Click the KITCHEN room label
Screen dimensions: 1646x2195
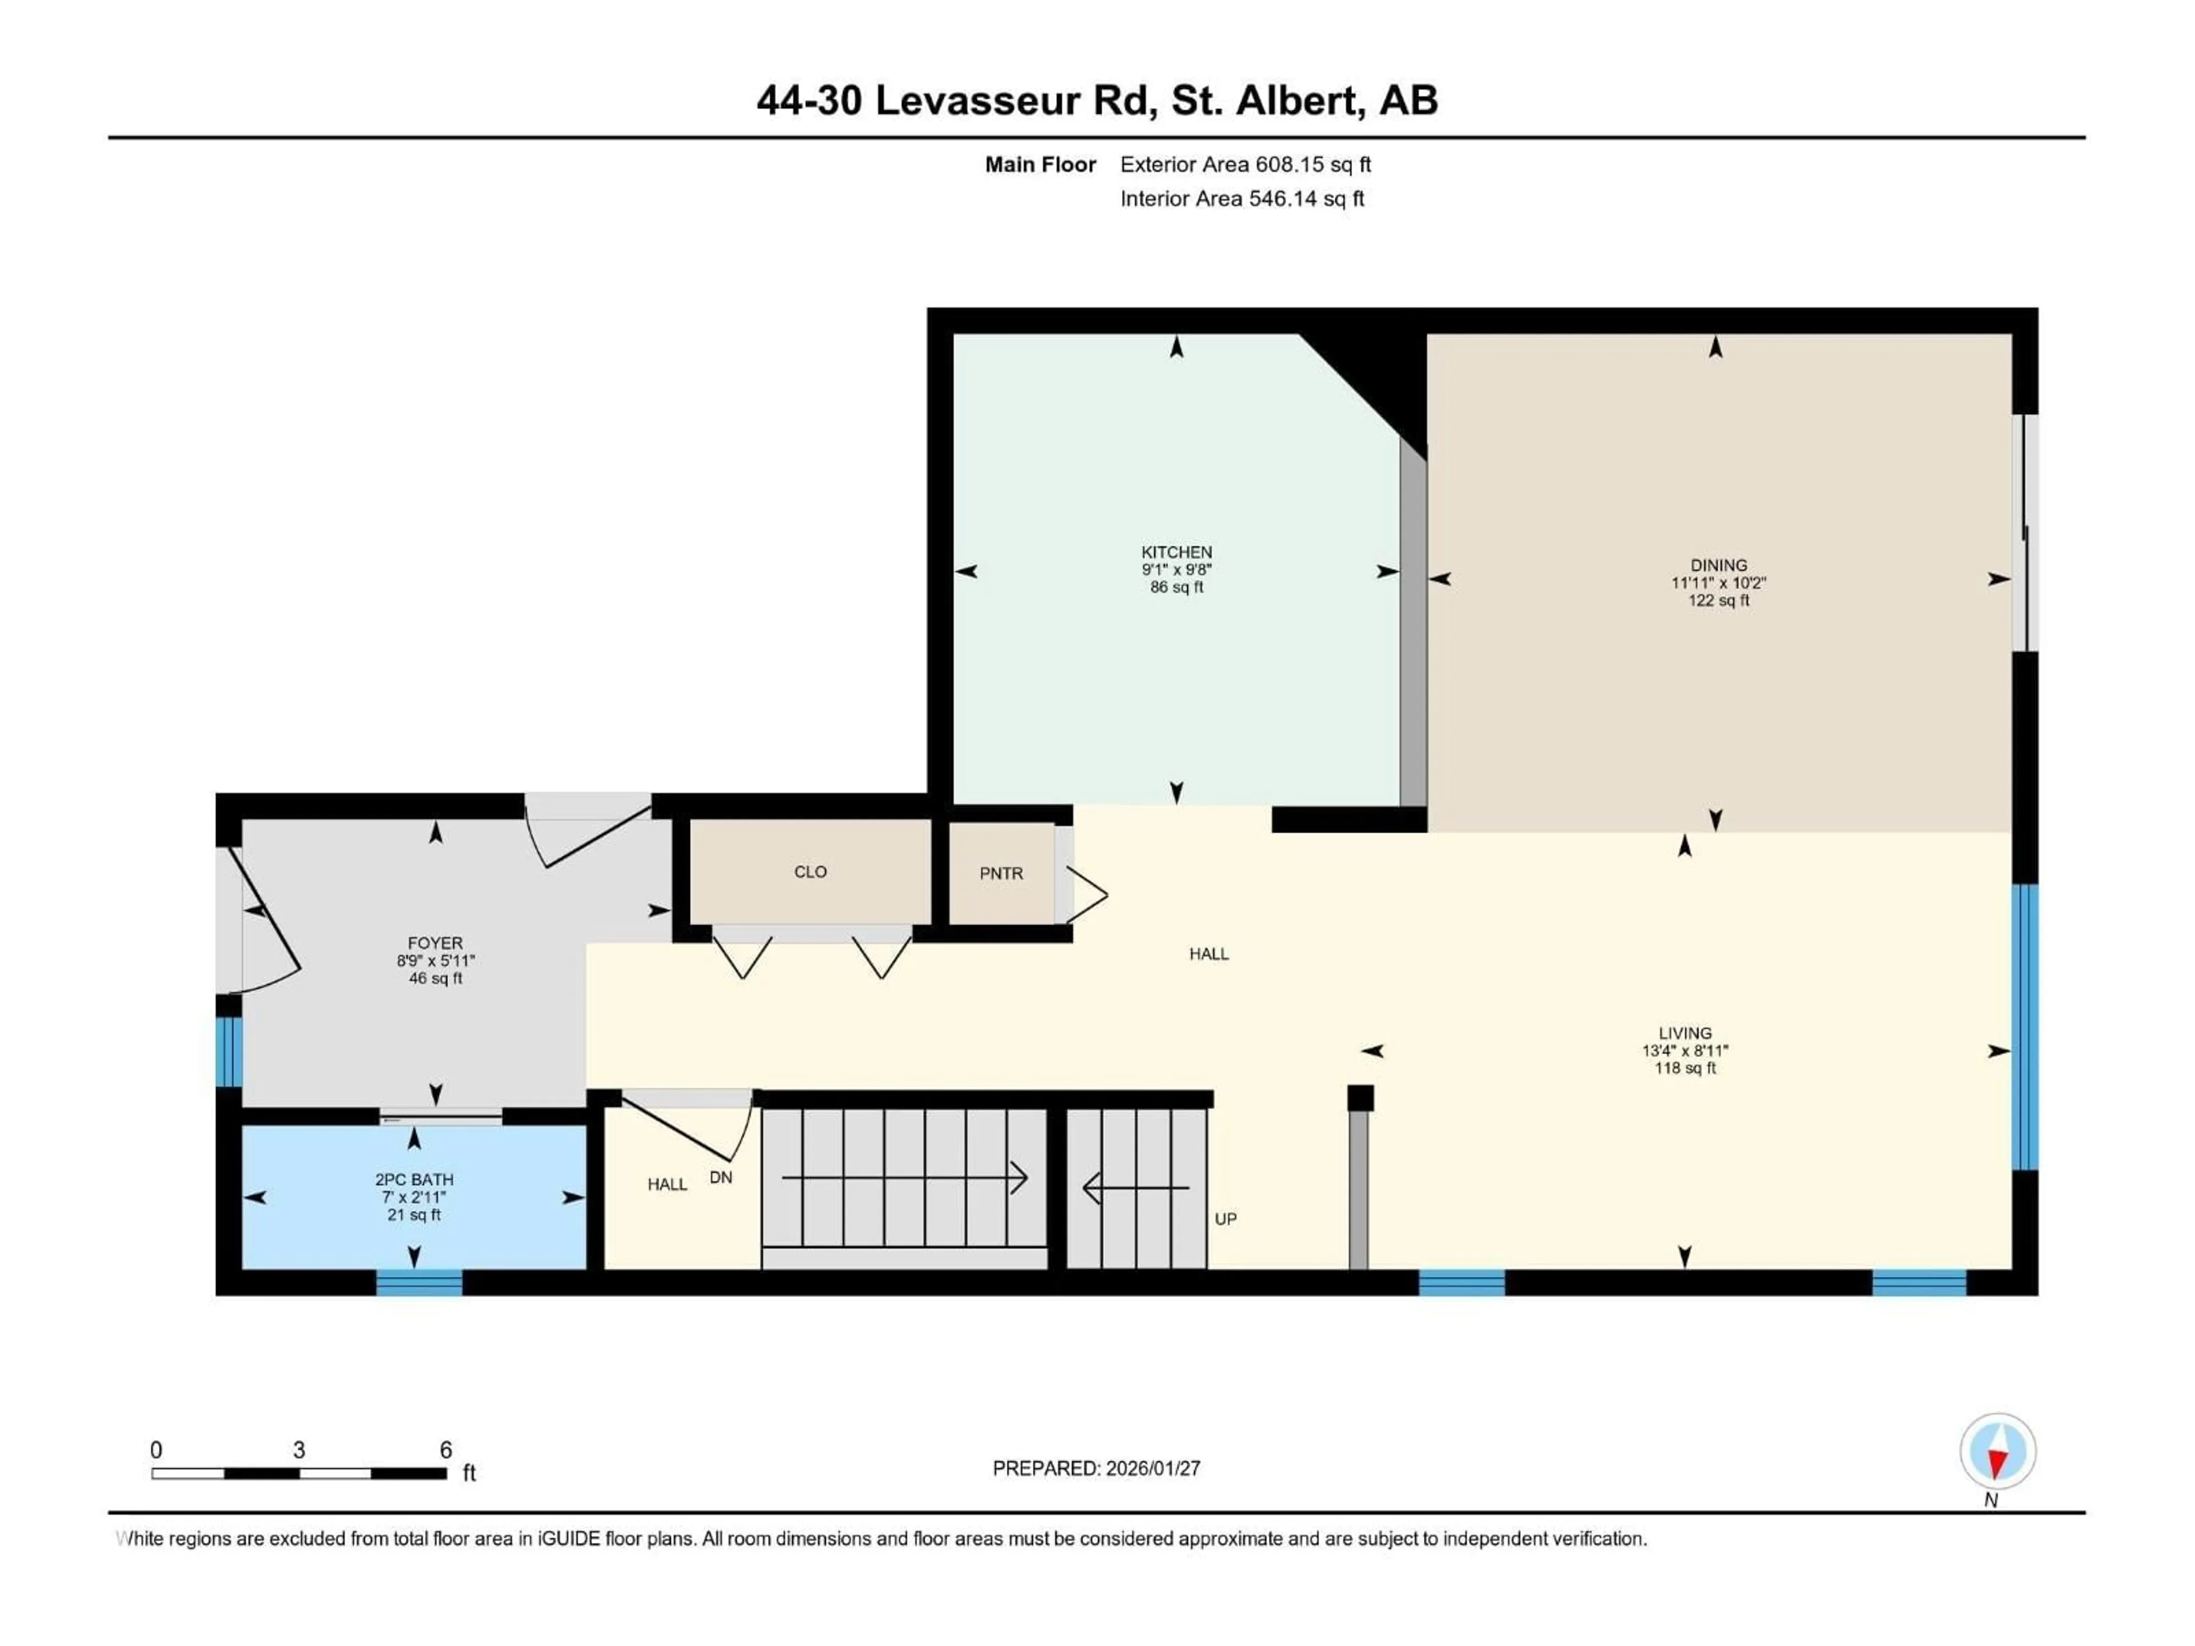1176,552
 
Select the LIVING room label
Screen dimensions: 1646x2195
1684,1033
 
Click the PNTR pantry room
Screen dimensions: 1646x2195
1000,873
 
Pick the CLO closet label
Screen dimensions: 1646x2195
810,871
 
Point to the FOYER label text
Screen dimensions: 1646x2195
434,944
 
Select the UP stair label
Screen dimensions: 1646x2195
1226,1218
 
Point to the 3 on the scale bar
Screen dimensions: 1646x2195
299,1449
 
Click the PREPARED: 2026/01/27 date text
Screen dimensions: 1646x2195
1096,1468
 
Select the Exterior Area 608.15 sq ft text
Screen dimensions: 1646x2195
1246,165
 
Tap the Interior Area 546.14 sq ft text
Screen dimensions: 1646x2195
1242,198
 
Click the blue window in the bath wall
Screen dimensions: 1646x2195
419,1283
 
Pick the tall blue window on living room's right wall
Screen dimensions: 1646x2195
2024,1027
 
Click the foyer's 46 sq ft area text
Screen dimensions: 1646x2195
434,978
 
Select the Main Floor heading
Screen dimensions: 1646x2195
1040,165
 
